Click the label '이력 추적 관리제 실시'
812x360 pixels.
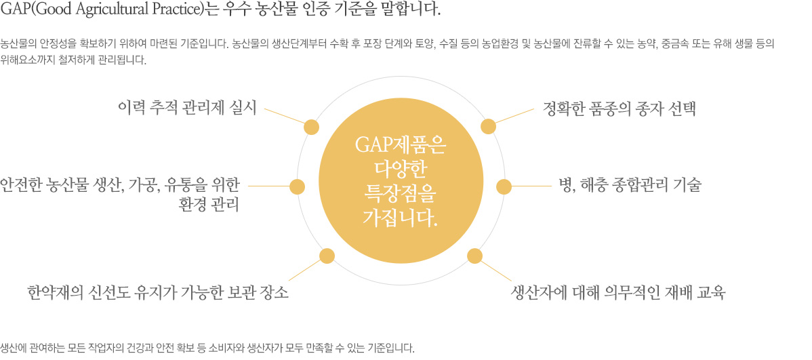187,108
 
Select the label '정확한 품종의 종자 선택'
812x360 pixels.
620,109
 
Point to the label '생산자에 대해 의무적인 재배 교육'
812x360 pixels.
617,294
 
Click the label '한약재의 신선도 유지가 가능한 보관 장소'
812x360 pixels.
158,294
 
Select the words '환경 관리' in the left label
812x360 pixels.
208,205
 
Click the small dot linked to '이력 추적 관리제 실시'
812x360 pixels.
312,127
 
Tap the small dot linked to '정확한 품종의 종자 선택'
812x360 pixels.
488,127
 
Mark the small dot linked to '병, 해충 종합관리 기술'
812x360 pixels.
504,186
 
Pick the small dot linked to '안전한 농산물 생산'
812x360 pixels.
297,186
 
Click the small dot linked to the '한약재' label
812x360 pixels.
327,256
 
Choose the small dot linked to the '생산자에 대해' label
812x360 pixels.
474,256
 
